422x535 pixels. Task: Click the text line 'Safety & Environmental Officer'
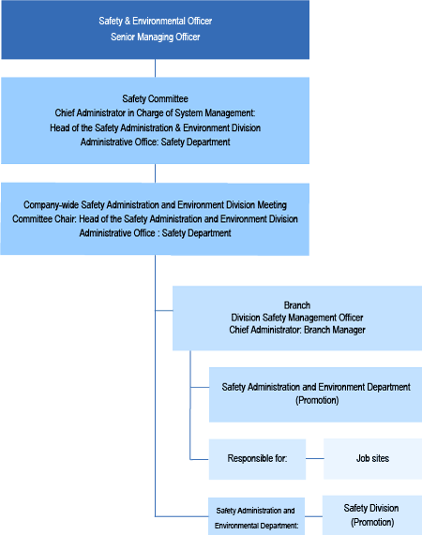pyautogui.click(x=156, y=22)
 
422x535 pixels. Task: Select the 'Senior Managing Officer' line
pyautogui.click(x=156, y=37)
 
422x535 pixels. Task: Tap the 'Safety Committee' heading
pyautogui.click(x=156, y=98)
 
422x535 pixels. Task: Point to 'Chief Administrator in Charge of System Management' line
pyautogui.click(x=155, y=113)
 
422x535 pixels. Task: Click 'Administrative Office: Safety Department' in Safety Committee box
pyautogui.click(x=156, y=141)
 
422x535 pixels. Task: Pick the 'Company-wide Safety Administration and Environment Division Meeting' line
pyautogui.click(x=155, y=204)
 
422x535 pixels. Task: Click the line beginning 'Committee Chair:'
pyautogui.click(x=155, y=218)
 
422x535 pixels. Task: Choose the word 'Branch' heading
pyautogui.click(x=297, y=305)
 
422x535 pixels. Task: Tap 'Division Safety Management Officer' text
pyautogui.click(x=297, y=318)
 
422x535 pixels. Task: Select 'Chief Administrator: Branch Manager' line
pyautogui.click(x=297, y=330)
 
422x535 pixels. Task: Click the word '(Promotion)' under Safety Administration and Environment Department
pyautogui.click(x=317, y=400)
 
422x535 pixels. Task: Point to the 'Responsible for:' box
pyautogui.click(x=258, y=459)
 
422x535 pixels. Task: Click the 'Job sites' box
pyautogui.click(x=373, y=458)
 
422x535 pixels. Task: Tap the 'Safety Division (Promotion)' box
pyautogui.click(x=372, y=515)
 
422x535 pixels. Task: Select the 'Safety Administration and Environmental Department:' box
pyautogui.click(x=256, y=516)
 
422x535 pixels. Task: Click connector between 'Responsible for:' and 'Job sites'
pyautogui.click(x=315, y=458)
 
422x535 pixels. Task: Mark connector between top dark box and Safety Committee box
pyautogui.click(x=156, y=68)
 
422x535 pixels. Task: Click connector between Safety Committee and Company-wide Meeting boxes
pyautogui.click(x=156, y=173)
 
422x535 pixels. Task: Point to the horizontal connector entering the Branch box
pyautogui.click(x=164, y=310)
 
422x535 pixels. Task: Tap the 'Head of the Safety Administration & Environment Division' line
pyautogui.click(x=156, y=128)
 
